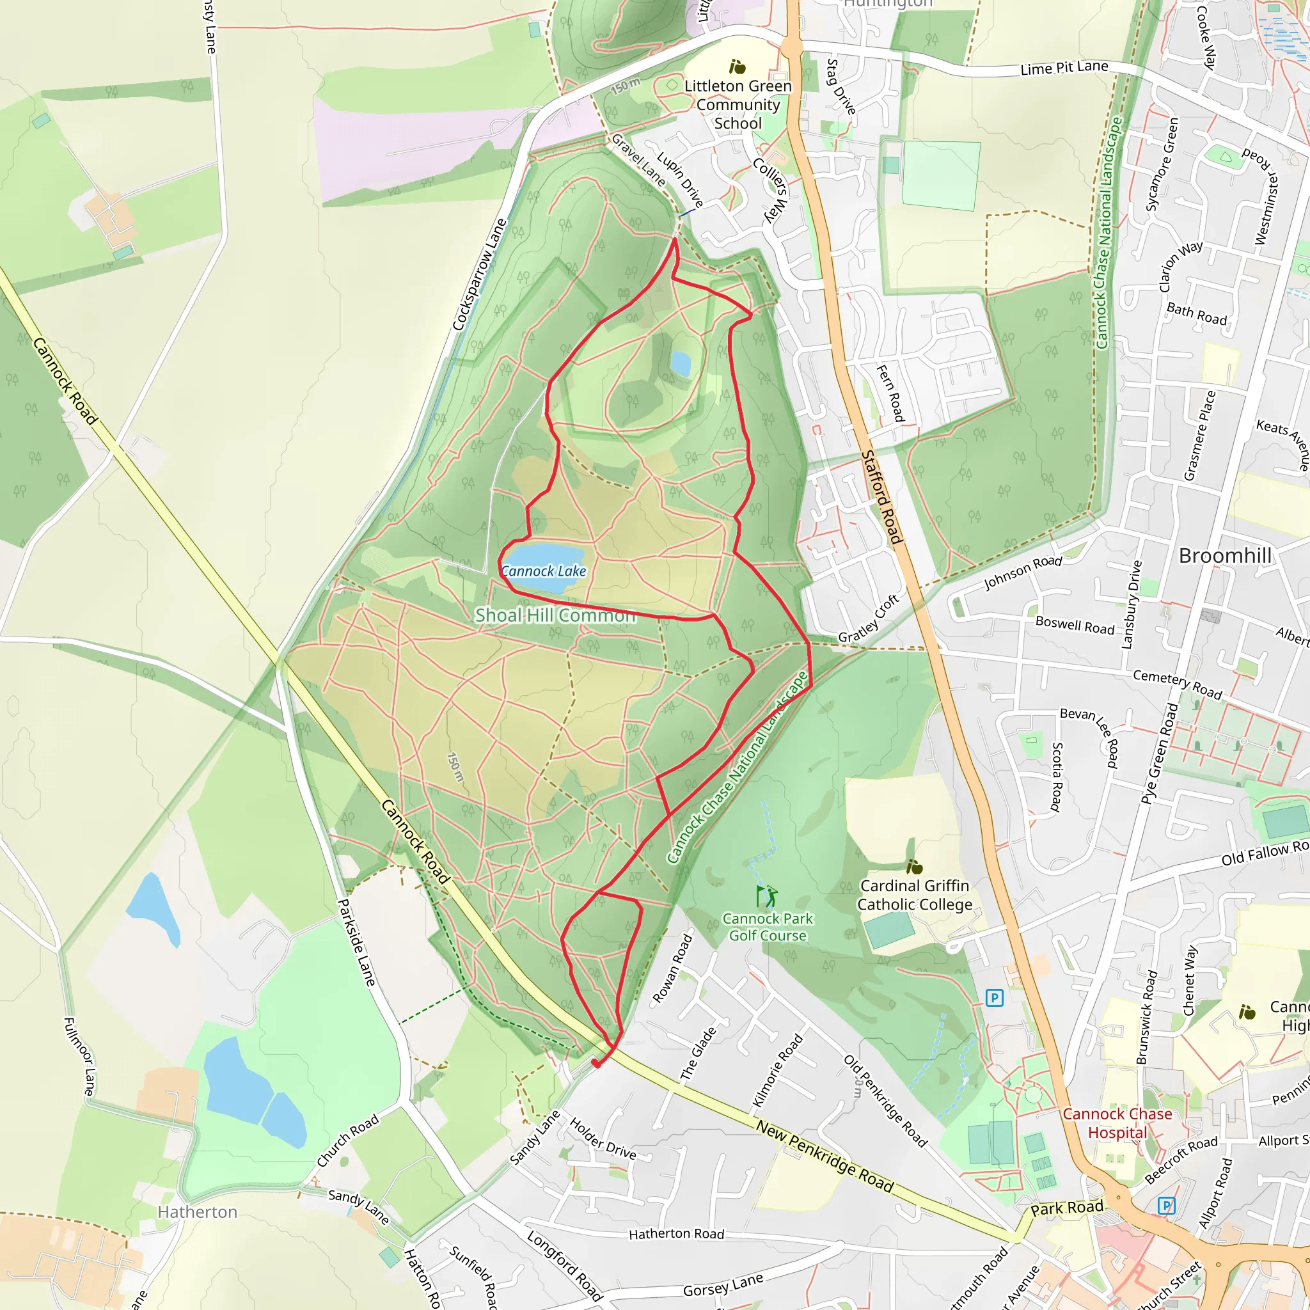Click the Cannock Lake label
(x=543, y=571)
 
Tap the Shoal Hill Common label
(x=555, y=615)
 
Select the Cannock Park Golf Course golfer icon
(x=767, y=896)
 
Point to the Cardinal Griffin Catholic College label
(x=915, y=895)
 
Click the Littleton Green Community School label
(x=738, y=104)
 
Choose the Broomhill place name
(x=1224, y=555)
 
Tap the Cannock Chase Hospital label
(x=1117, y=1123)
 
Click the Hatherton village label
(x=197, y=1211)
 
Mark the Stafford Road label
(x=881, y=497)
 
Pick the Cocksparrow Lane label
(x=479, y=274)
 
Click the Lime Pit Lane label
(x=1064, y=68)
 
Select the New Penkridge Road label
(x=825, y=1156)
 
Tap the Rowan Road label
(x=672, y=968)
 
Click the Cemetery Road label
(x=1177, y=684)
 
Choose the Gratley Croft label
(x=869, y=619)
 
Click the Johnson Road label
(x=1023, y=572)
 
